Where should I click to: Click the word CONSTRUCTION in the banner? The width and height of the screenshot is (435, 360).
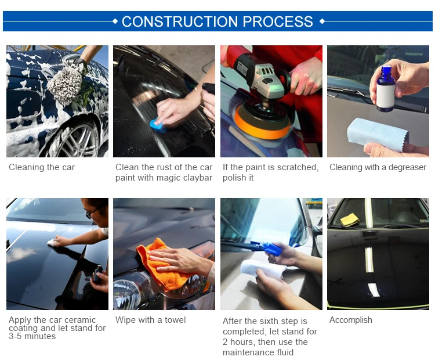click(x=180, y=21)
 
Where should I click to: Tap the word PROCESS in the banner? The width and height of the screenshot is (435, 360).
click(x=278, y=21)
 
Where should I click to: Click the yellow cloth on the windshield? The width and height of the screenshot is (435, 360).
click(x=350, y=219)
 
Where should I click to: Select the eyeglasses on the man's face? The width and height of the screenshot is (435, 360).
click(x=92, y=213)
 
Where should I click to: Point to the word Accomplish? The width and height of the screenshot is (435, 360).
click(x=351, y=320)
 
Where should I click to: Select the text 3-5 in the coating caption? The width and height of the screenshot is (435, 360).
click(x=15, y=336)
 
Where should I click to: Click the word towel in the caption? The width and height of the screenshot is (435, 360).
click(x=175, y=320)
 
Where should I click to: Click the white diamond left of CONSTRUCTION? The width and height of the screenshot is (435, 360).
click(x=115, y=21)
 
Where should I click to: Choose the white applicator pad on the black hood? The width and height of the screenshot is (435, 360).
click(x=52, y=243)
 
